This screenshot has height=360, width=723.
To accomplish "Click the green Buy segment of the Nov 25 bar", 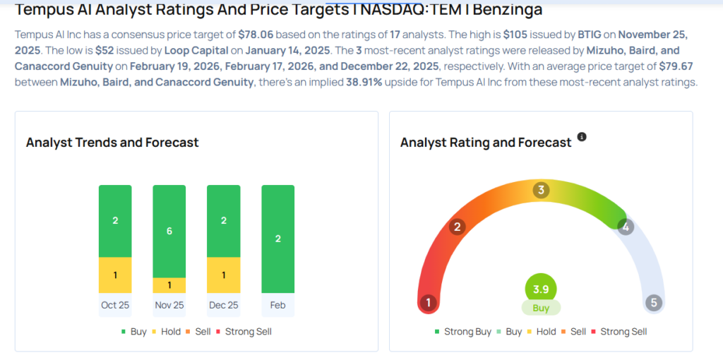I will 169,231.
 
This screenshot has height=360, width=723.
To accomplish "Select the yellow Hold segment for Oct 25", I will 115,275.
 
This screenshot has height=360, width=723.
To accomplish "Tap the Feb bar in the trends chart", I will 278,239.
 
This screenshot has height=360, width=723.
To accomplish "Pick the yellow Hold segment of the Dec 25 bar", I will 223,275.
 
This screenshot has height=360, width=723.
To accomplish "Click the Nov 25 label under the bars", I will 169,304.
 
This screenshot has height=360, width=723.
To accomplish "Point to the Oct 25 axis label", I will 115,304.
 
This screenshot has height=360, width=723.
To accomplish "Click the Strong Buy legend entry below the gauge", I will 465,331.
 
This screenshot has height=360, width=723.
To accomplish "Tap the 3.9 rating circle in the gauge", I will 541,288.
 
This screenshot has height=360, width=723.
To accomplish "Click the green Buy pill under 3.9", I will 541,308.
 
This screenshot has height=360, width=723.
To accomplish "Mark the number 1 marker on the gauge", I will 427,303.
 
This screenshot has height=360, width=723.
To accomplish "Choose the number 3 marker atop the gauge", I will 541,190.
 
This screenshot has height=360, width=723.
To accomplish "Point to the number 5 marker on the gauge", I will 654,303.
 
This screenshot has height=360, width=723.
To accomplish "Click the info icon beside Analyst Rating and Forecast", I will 582,136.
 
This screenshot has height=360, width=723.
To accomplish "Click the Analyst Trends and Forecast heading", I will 112,143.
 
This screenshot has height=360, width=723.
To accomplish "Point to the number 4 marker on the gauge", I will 624,227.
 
